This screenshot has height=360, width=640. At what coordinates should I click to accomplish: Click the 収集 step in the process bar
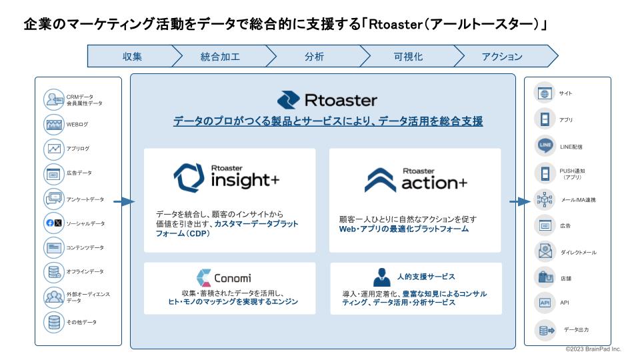click(132, 57)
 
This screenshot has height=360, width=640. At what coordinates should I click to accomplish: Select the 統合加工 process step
click(220, 57)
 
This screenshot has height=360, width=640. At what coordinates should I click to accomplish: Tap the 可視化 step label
click(407, 57)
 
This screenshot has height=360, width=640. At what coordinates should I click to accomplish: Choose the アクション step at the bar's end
click(502, 57)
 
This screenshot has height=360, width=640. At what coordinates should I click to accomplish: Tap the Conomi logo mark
click(204, 277)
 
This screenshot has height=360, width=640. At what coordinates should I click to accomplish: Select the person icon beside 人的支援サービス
click(382, 277)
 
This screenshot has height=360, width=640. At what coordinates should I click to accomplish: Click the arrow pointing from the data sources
click(123, 201)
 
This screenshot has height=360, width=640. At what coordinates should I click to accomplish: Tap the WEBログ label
click(77, 124)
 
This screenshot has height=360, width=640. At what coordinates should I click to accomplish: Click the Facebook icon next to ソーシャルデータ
click(49, 223)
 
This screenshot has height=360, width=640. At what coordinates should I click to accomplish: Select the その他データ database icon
click(53, 322)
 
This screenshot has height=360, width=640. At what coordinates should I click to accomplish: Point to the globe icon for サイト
click(545, 94)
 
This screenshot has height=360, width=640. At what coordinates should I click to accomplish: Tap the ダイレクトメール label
click(578, 253)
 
